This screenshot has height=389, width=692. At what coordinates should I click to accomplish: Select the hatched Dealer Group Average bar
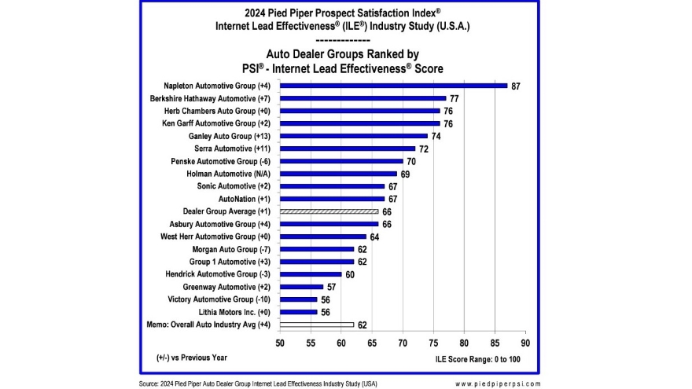pos(329,211)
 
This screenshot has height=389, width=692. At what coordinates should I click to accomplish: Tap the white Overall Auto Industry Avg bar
pos(316,325)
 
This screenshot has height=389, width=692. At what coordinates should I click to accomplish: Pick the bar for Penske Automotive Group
pos(341,161)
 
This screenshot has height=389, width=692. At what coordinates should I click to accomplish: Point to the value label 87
pos(516,86)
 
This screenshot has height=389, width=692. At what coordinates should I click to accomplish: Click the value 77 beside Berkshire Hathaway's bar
pos(455,98)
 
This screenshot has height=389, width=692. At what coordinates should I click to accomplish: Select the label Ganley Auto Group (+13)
pos(225,136)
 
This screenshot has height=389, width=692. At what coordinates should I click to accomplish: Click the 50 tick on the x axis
pos(280,343)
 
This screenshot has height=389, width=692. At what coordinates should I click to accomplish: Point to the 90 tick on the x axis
pos(525,343)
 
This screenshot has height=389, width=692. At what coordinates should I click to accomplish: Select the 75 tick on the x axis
pos(433,343)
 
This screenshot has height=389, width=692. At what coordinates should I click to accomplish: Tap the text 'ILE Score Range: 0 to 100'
pos(477,359)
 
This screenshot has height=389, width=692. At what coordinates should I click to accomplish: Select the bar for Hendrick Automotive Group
pos(311,274)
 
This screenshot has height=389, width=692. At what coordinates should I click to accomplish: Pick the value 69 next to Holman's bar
pos(406,174)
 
